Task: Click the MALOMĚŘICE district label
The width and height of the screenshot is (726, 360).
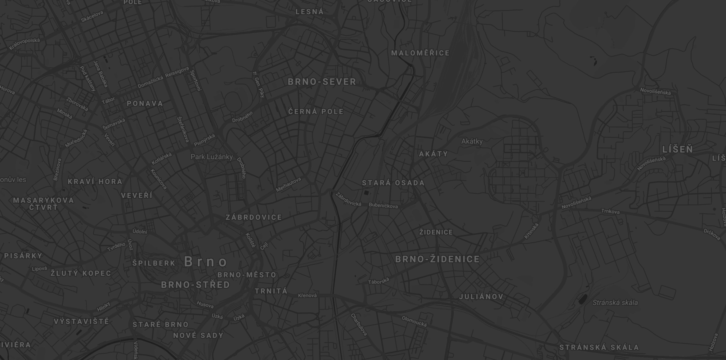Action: (420, 53)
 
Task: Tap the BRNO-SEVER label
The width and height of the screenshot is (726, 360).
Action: (322, 82)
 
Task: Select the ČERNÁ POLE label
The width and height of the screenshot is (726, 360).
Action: (316, 112)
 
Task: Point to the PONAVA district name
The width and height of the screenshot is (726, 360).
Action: (145, 104)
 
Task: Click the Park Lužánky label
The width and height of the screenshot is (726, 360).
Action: (212, 157)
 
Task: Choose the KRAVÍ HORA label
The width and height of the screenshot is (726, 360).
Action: (95, 182)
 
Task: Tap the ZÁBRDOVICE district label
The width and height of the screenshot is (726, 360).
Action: (254, 217)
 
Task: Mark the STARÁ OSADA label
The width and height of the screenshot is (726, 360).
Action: (393, 183)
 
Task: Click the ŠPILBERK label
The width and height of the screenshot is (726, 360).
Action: (154, 263)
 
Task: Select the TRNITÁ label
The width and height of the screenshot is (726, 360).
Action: (271, 291)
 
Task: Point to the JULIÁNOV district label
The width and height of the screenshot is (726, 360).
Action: (481, 297)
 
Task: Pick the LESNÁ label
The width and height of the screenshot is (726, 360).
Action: (310, 12)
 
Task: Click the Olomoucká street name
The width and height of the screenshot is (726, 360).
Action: (414, 321)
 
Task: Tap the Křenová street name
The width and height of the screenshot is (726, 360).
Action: (307, 295)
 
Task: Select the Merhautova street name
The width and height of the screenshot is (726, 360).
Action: (288, 184)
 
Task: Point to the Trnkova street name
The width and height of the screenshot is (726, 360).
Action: (610, 211)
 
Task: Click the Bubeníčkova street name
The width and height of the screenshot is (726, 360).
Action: (383, 205)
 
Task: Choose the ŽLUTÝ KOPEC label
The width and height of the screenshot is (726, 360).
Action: (81, 273)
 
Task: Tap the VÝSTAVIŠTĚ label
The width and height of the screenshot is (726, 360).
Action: (81, 322)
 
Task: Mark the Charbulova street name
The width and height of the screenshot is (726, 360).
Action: (359, 325)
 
